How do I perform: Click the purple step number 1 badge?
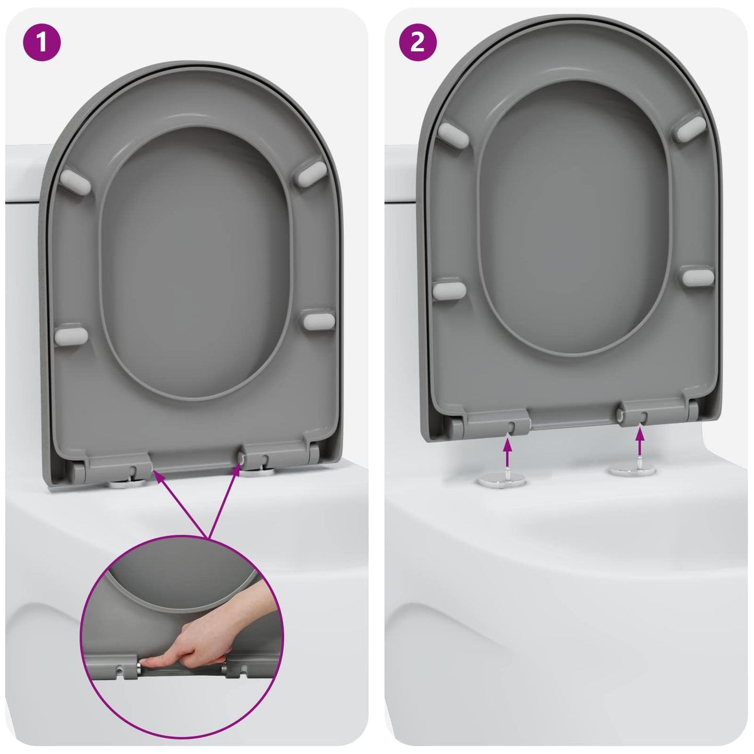pyautogui.click(x=42, y=42)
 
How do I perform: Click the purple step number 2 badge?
pyautogui.click(x=417, y=42)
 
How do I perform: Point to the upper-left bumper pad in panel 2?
pyautogui.click(x=453, y=133)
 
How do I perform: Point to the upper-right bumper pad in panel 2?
pyautogui.click(x=691, y=128)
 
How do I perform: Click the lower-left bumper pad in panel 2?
pyautogui.click(x=449, y=289)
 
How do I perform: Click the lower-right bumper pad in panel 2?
pyautogui.click(x=698, y=277)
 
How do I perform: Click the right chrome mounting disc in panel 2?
pyautogui.click(x=632, y=470)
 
